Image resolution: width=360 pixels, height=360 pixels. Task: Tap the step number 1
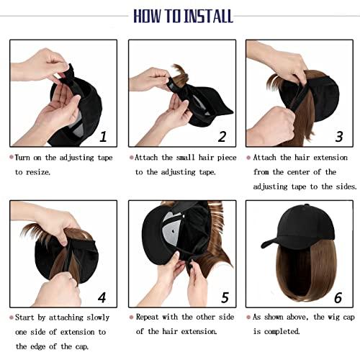click(x=104, y=135)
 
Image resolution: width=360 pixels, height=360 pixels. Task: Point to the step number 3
click(x=339, y=135)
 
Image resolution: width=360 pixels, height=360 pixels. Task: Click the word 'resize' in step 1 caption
click(x=50, y=173)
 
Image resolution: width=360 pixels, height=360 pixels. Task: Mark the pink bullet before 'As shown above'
click(x=248, y=316)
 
